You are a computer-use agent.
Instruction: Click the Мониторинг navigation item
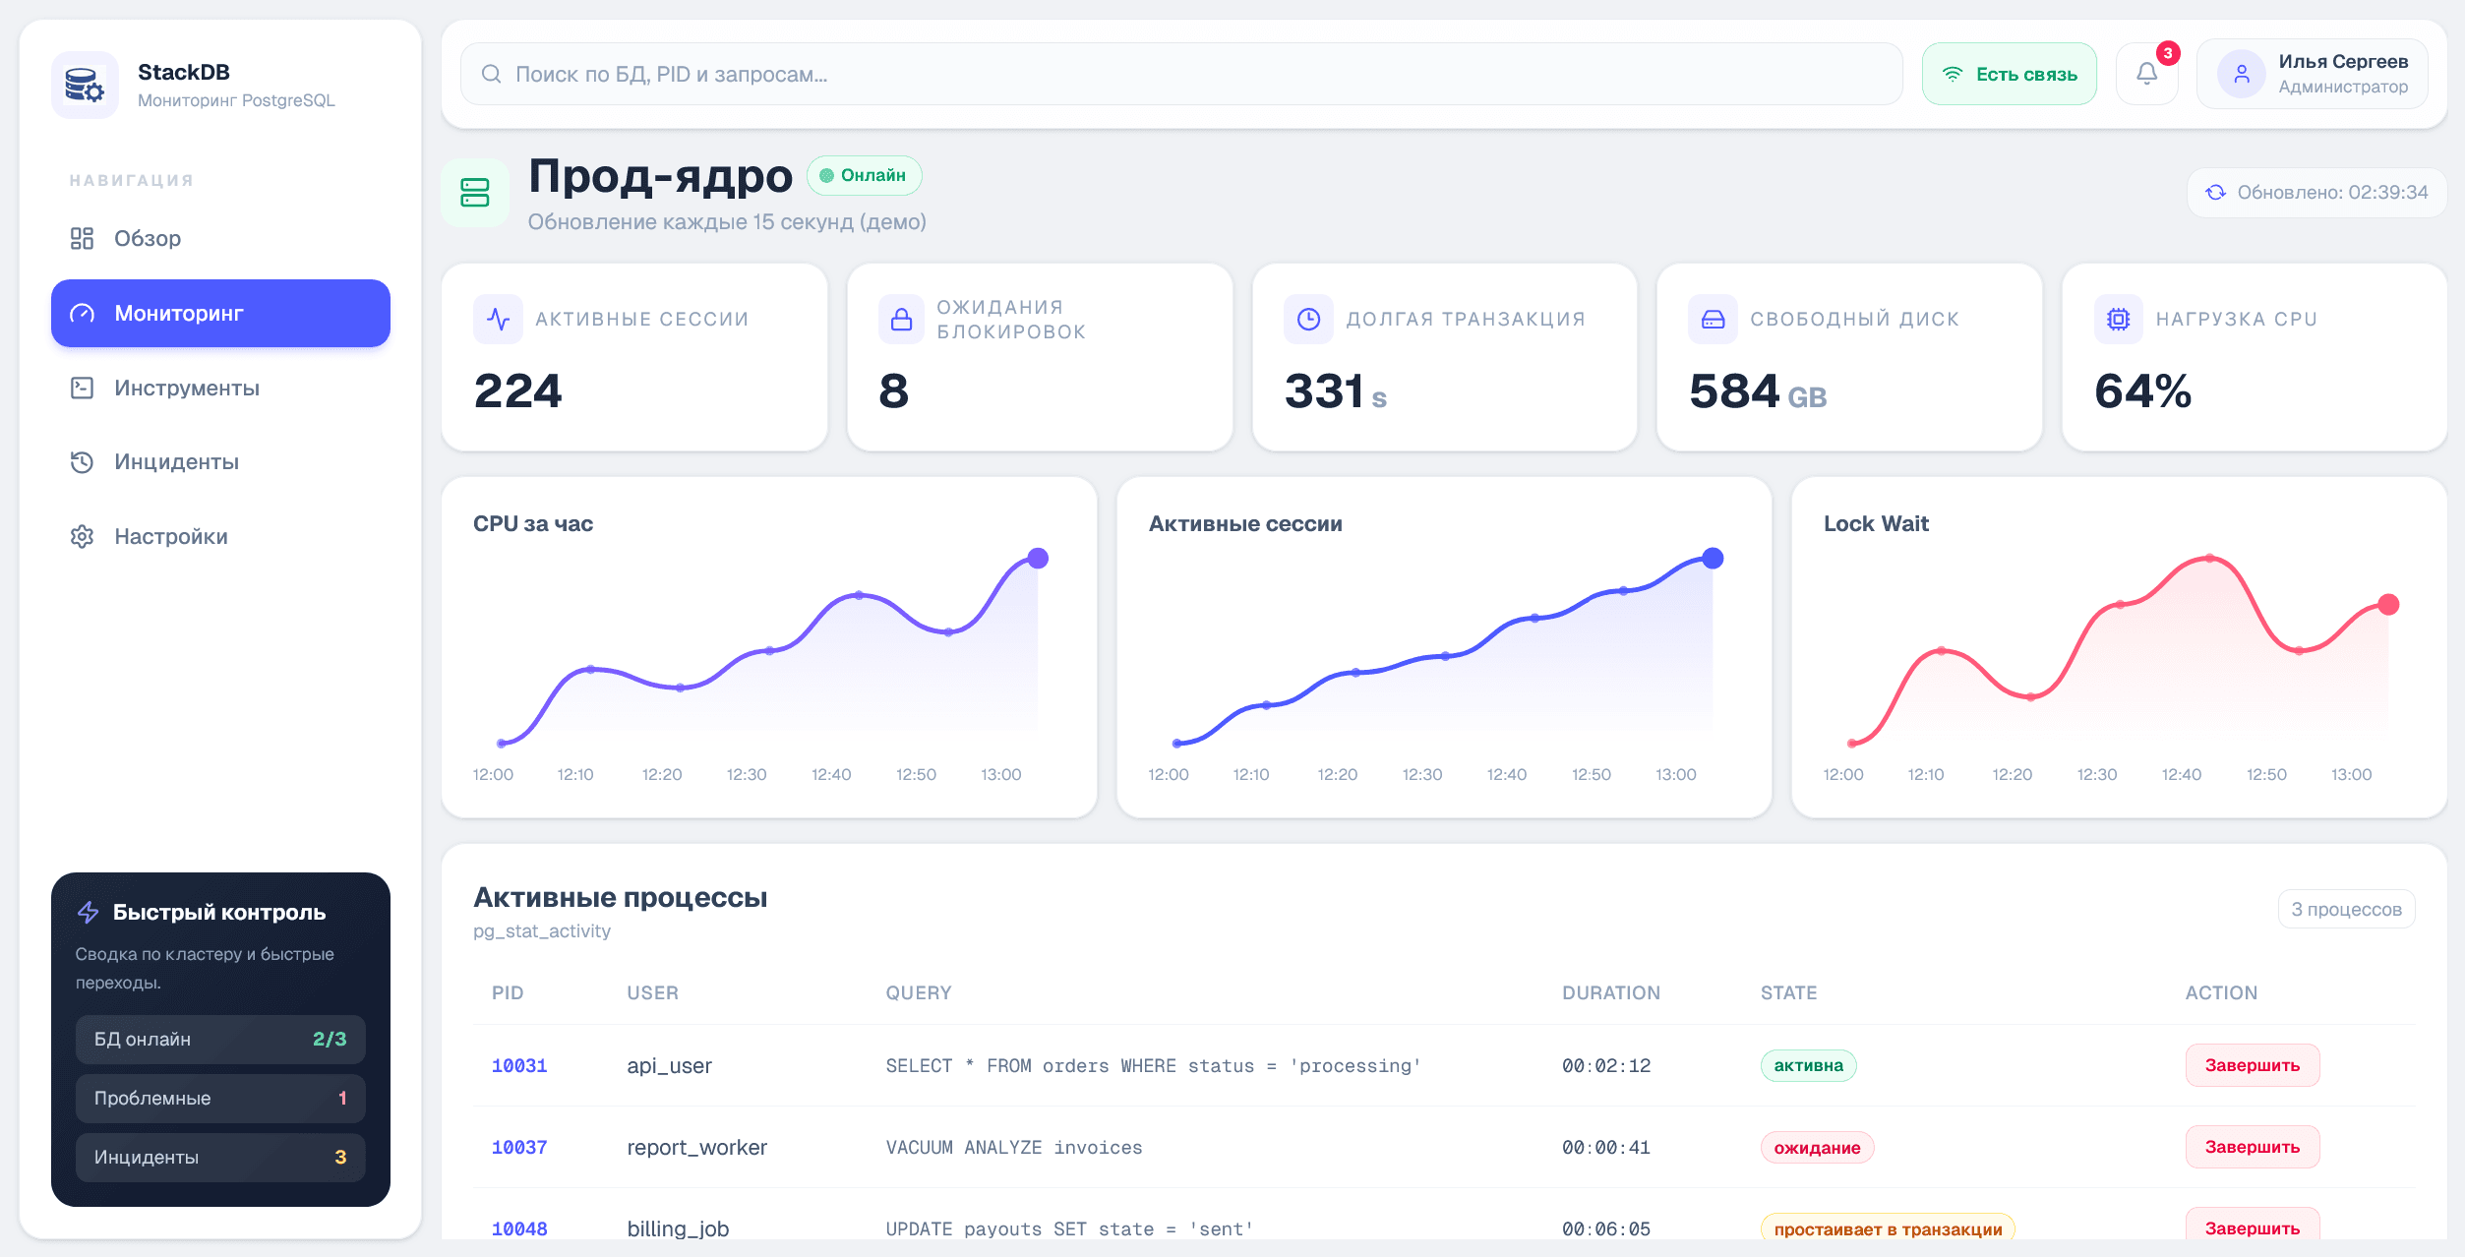[x=220, y=313]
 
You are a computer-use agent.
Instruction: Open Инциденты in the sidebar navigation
[x=176, y=462]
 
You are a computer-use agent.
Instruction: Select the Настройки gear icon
[x=82, y=537]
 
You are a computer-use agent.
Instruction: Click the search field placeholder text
[x=671, y=75]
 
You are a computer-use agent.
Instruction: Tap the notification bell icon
[x=2146, y=74]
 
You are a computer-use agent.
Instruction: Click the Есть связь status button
[x=2009, y=75]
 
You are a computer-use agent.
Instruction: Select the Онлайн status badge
[x=864, y=176]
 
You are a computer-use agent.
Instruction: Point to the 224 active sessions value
[x=517, y=391]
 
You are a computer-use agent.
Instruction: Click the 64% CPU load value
[x=2142, y=391]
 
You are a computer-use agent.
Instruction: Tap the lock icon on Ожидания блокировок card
[x=901, y=320]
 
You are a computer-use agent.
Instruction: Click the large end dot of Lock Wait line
[x=2387, y=605]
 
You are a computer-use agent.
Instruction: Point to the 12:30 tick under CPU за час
[x=746, y=775]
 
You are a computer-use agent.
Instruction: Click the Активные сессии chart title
[x=1244, y=524]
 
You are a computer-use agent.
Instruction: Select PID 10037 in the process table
[x=519, y=1148]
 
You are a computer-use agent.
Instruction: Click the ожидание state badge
[x=1816, y=1148]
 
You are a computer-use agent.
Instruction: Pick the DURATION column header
[x=1610, y=993]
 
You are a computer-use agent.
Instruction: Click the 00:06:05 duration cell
[x=1605, y=1228]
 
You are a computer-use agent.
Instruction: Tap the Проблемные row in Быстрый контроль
[x=220, y=1099]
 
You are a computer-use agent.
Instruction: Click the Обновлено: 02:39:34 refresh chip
[x=2316, y=193]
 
